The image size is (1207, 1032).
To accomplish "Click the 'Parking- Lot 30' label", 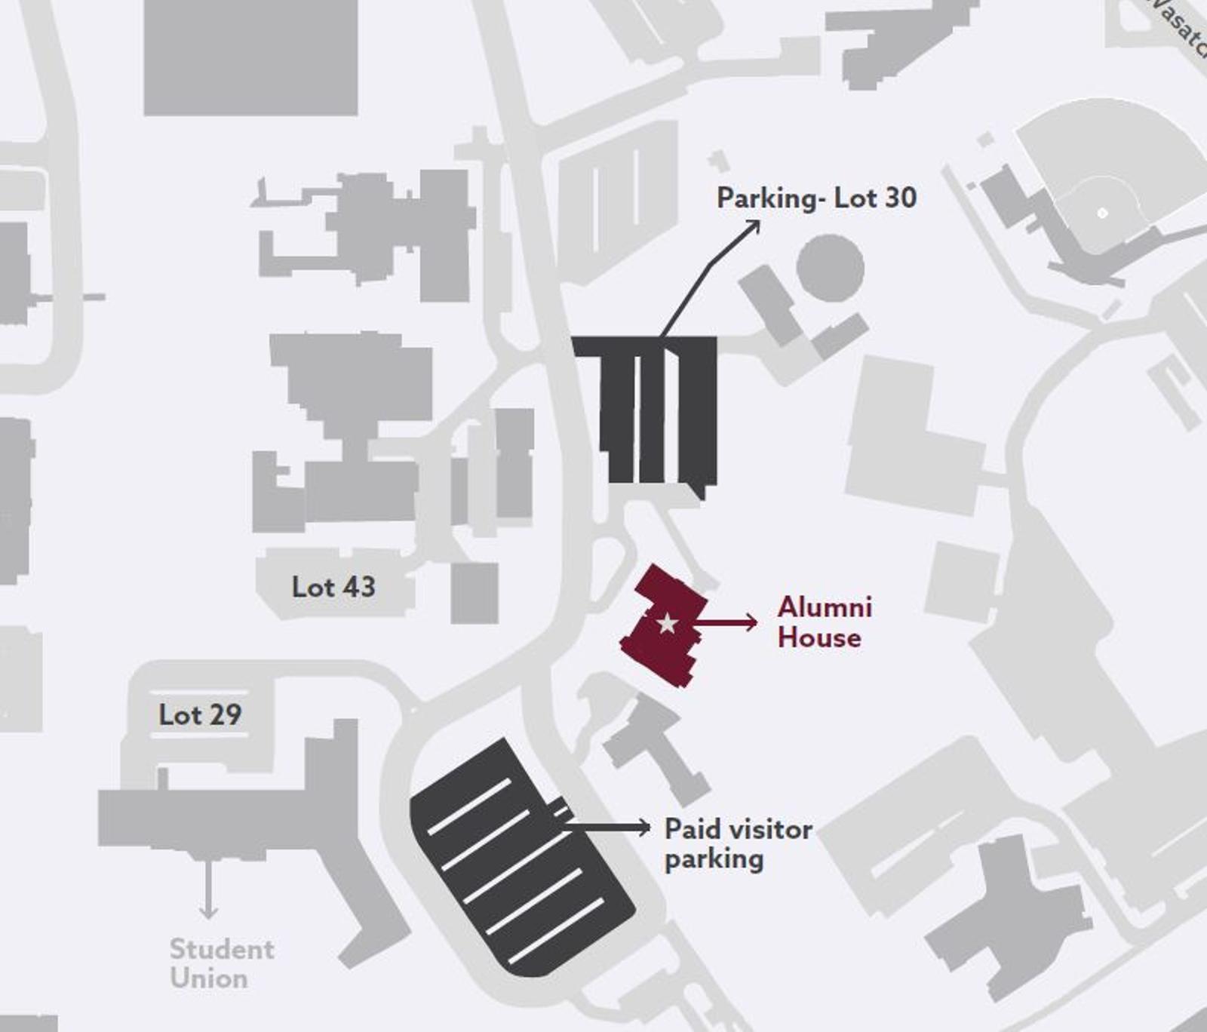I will (x=816, y=198).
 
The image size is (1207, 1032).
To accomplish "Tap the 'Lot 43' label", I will (x=333, y=587).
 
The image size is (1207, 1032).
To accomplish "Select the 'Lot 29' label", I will (x=200, y=714).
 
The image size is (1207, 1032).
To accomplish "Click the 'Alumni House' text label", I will (x=824, y=622).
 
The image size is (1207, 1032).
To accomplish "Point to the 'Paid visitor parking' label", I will (x=737, y=843).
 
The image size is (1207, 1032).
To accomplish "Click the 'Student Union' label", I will (x=222, y=963).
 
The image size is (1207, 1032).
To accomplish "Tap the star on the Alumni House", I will (x=667, y=623).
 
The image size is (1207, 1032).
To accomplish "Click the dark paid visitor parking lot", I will (x=521, y=860).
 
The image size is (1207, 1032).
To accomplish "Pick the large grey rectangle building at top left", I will (x=250, y=57).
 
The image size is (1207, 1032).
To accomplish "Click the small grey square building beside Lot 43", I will (x=475, y=593).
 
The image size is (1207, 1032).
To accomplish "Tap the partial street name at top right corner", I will (x=1181, y=26).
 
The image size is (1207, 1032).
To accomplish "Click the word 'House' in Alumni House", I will (x=819, y=638).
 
